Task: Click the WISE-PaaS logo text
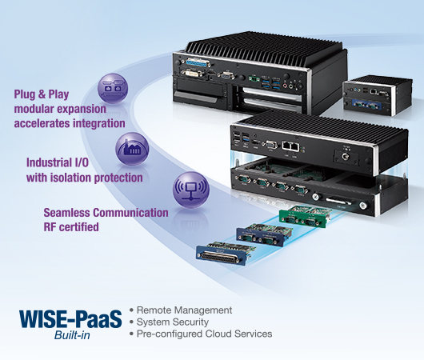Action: (70, 319)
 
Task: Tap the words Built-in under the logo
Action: (72, 335)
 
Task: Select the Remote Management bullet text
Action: (184, 310)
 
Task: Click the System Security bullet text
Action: (173, 322)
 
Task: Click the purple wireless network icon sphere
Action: (191, 190)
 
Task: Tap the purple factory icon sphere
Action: (133, 149)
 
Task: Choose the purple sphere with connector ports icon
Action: (113, 89)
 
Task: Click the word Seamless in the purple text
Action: (66, 213)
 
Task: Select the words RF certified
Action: (71, 226)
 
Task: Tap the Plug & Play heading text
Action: (42, 94)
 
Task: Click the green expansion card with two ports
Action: (304, 217)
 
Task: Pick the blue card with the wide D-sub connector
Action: (226, 253)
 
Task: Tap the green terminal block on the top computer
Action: (254, 78)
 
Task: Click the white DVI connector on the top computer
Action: (191, 74)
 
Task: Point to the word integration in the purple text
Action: (99, 124)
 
